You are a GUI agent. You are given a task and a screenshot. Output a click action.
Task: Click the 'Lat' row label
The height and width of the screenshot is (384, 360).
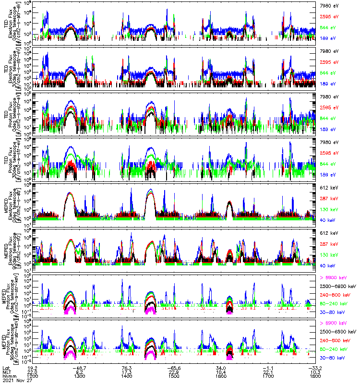(x=7, y=367)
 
